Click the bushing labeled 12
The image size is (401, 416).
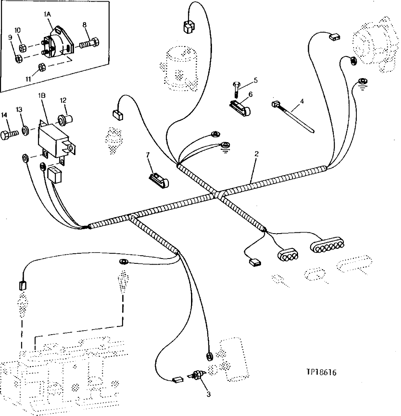[x=64, y=120]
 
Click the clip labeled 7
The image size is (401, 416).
[x=158, y=180]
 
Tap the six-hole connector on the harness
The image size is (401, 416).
[x=327, y=244]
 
